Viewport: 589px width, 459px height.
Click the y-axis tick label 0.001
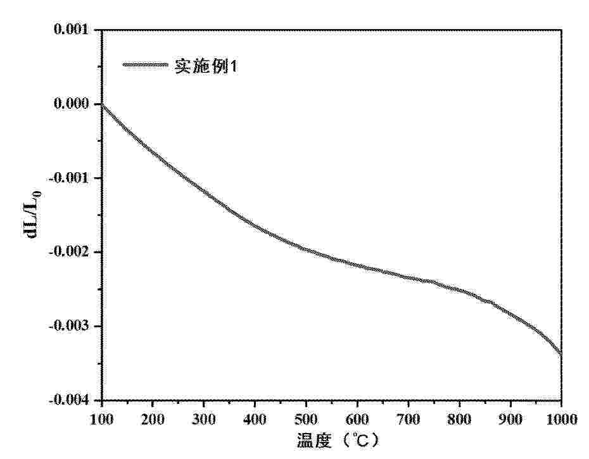coord(72,30)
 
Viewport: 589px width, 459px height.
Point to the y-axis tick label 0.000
coord(72,104)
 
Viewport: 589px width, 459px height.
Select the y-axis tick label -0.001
coord(70,178)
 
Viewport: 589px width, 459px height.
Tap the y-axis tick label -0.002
coord(70,252)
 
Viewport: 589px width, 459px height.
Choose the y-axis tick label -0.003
coord(70,326)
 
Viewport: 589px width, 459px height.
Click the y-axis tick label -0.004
coord(70,400)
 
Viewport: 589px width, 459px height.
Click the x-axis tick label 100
coord(101,418)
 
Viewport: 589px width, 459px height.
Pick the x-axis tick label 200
coord(152,418)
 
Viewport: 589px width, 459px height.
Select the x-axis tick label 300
coord(203,418)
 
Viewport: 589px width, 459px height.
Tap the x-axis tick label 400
coord(255,418)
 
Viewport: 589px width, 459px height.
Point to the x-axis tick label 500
coord(306,418)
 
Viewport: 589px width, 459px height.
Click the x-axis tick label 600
coord(357,418)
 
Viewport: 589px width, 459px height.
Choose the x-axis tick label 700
coord(408,418)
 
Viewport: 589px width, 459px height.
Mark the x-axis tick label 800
coord(459,418)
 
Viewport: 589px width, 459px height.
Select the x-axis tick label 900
coord(510,418)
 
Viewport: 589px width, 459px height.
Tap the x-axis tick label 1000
coord(560,418)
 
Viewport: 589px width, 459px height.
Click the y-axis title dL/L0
coord(32,215)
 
